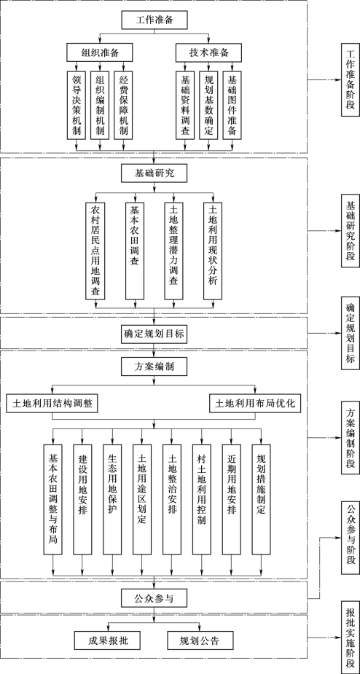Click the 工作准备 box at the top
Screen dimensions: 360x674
coord(154,20)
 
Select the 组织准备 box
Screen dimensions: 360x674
coord(100,52)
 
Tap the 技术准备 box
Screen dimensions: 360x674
coord(209,52)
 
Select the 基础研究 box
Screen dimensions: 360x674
coord(154,174)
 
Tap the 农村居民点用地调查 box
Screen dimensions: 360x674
coord(95,250)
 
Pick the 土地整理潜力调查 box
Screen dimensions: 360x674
coord(173,250)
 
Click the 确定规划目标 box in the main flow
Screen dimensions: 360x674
coord(154,334)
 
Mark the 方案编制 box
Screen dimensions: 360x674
coord(154,367)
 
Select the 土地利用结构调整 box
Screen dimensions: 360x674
coord(52,404)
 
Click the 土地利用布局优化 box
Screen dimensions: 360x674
coord(255,404)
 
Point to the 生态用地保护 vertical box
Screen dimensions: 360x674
coord(112,493)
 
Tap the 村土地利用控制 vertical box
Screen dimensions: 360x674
coord(201,493)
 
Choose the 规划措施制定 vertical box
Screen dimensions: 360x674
coord(261,493)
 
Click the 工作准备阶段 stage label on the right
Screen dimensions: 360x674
coord(350,80)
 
